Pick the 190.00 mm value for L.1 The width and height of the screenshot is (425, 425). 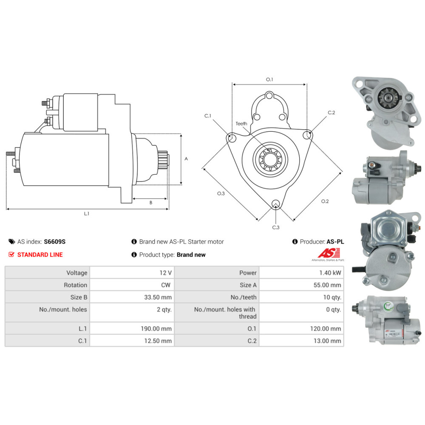pyautogui.click(x=157, y=329)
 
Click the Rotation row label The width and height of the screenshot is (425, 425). pyautogui.click(x=75, y=285)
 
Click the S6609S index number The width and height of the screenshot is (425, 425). pyautogui.click(x=55, y=242)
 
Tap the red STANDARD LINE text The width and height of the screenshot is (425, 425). pyautogui.click(x=40, y=255)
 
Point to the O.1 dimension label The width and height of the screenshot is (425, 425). pyautogui.click(x=269, y=79)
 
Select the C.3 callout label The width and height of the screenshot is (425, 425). pyautogui.click(x=276, y=227)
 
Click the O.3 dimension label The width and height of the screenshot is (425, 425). pyautogui.click(x=221, y=193)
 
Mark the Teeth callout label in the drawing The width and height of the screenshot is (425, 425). pyautogui.click(x=241, y=124)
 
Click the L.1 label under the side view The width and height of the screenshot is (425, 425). pyautogui.click(x=87, y=213)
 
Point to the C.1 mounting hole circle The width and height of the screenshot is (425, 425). pyautogui.click(x=232, y=138)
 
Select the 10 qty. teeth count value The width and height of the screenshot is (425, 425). pyautogui.click(x=333, y=297)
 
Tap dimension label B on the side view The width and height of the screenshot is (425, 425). pyautogui.click(x=150, y=203)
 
